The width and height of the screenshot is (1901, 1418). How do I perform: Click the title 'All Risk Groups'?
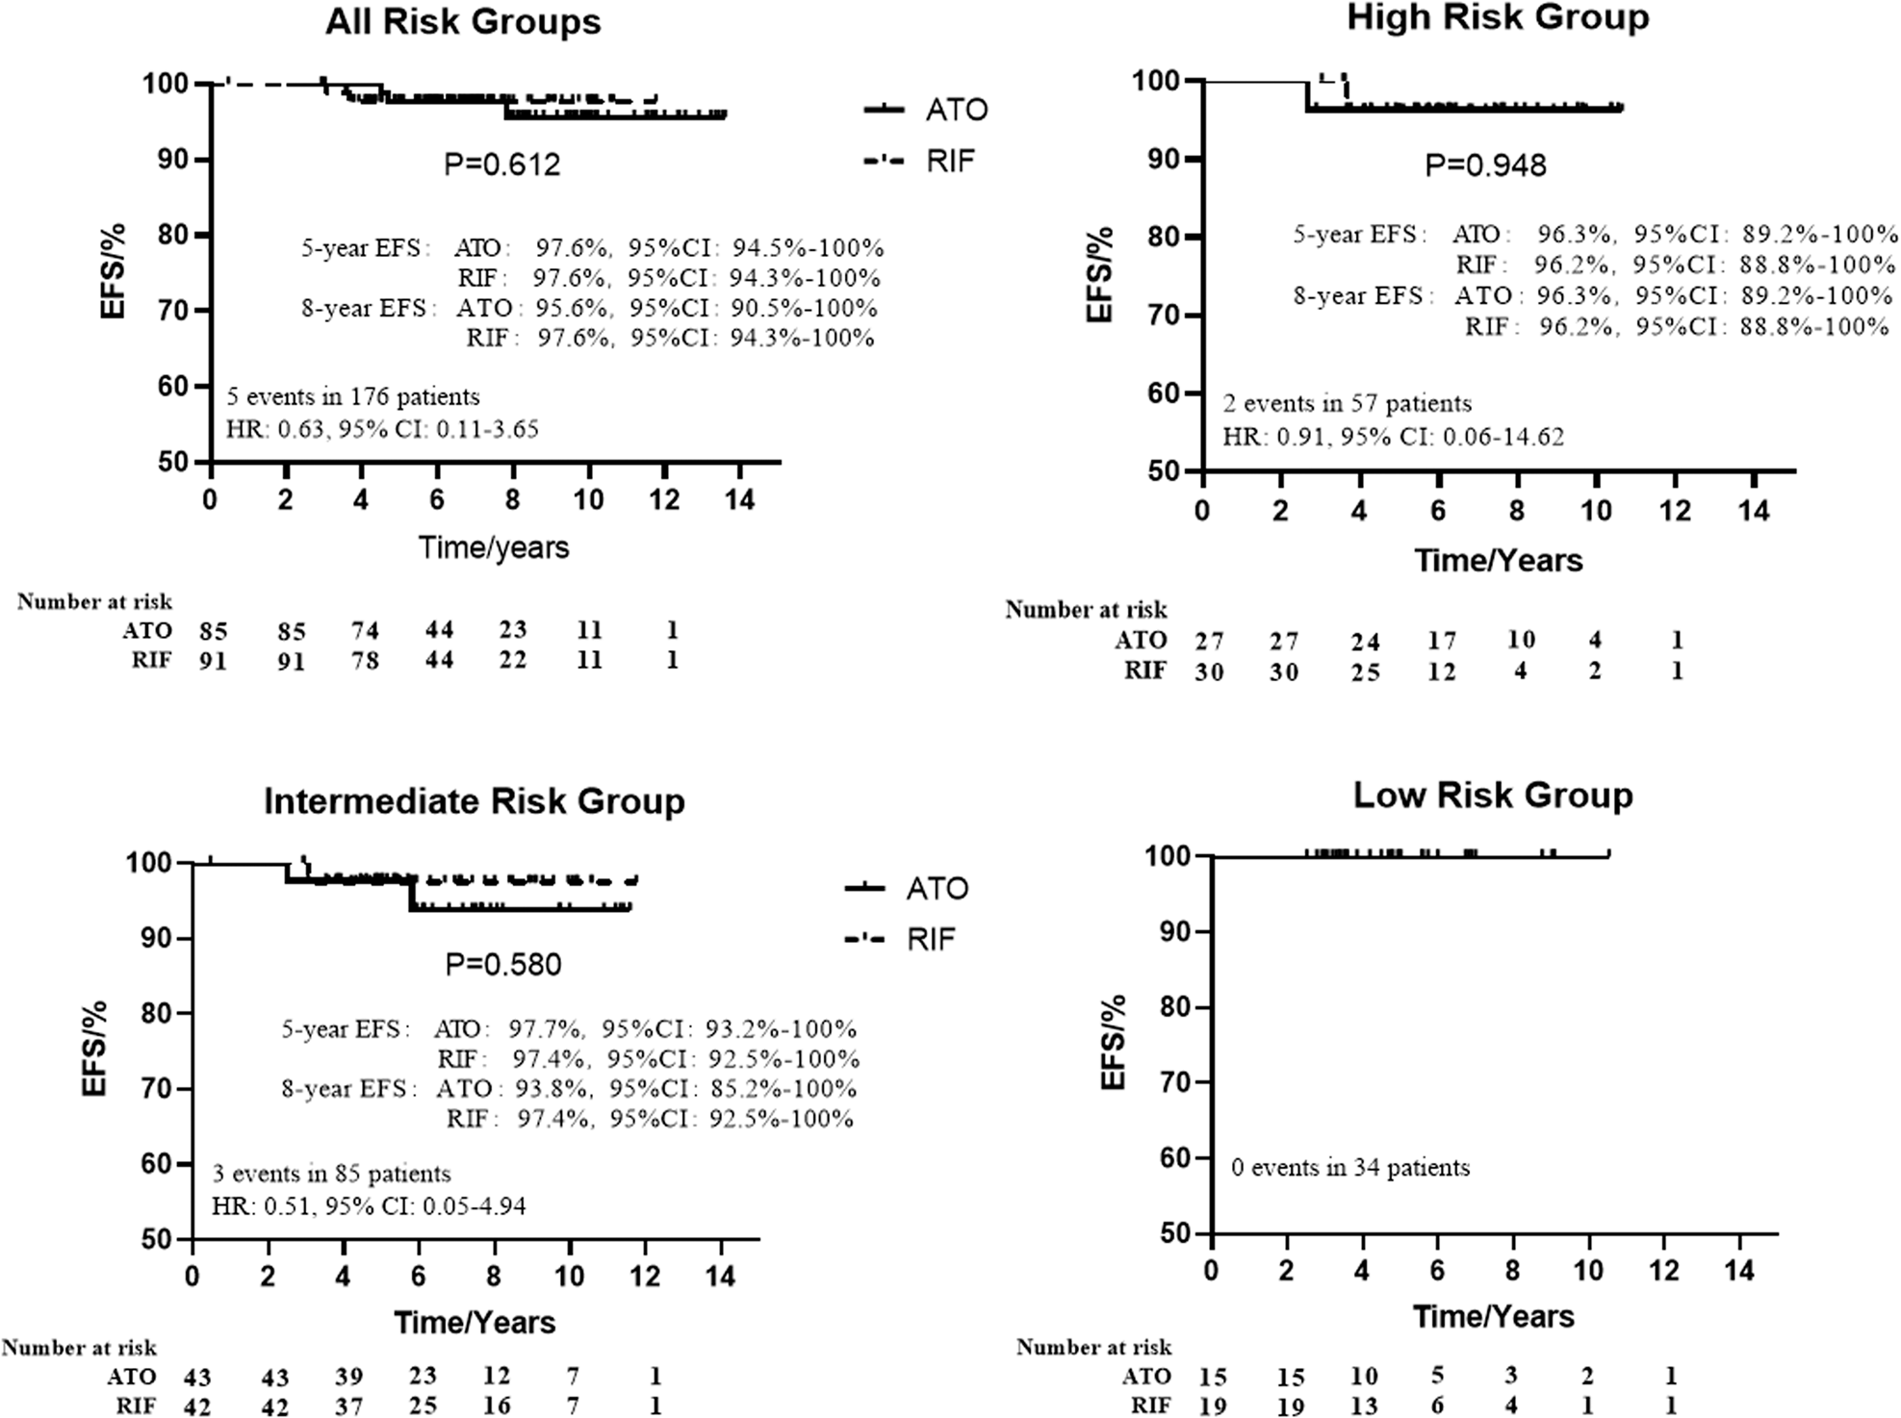[x=463, y=22]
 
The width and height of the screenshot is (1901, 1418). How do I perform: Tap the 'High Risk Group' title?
[x=1498, y=17]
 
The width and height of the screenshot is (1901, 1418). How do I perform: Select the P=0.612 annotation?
[x=501, y=165]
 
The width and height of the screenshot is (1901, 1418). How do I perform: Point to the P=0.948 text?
[x=1485, y=165]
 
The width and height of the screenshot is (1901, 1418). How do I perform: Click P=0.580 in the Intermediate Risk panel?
[x=502, y=964]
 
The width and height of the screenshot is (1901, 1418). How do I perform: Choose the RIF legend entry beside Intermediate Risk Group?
[x=930, y=939]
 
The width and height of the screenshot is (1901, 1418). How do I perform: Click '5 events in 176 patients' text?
[x=352, y=396]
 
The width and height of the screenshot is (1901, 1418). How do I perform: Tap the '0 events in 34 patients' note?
[x=1350, y=1168]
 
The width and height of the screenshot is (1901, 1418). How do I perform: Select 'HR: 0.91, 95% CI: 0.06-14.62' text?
[x=1393, y=437]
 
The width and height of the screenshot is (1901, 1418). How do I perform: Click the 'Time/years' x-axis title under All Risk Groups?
[x=493, y=547]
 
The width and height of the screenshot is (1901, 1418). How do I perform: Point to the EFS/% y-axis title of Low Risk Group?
[x=1114, y=1044]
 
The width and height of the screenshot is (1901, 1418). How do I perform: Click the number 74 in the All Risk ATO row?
[x=366, y=630]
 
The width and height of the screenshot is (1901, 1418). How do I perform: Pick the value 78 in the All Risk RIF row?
[x=366, y=661]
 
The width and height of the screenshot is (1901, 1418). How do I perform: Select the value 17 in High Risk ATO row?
[x=1441, y=640]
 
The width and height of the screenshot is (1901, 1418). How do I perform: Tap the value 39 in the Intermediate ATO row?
[x=349, y=1376]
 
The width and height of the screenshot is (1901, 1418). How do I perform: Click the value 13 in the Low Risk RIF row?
[x=1364, y=1405]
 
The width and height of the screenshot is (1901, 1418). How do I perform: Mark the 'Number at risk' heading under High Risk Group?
[x=1086, y=610]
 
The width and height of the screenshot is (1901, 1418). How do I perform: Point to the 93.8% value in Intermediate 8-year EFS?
[x=552, y=1089]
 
